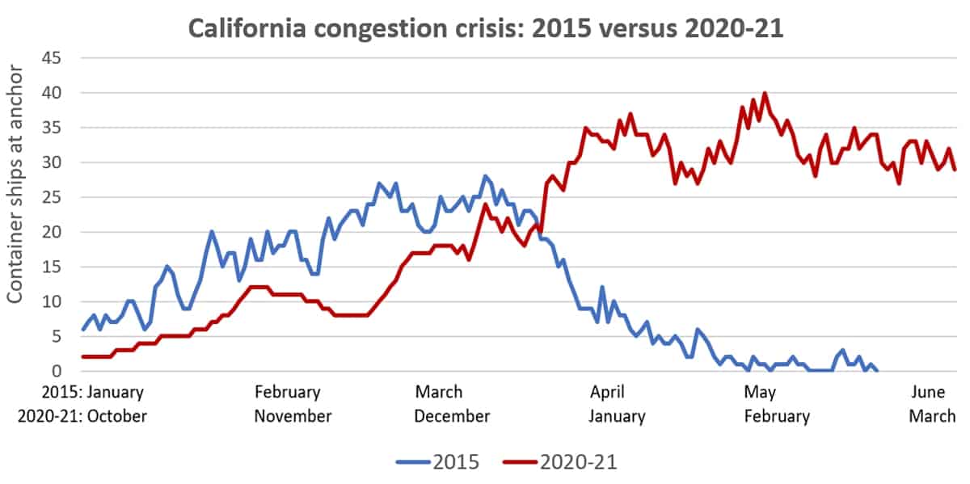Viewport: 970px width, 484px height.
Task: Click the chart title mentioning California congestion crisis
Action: (485, 29)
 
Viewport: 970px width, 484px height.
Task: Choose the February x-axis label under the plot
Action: (287, 393)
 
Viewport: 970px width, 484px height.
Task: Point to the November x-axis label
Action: (293, 416)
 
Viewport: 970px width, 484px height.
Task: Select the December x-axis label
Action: (452, 416)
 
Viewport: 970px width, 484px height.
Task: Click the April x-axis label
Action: (607, 393)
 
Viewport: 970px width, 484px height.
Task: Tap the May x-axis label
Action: (759, 393)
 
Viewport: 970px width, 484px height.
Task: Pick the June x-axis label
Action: (928, 393)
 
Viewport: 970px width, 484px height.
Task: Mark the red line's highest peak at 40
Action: (765, 94)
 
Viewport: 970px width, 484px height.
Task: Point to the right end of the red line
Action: (955, 170)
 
